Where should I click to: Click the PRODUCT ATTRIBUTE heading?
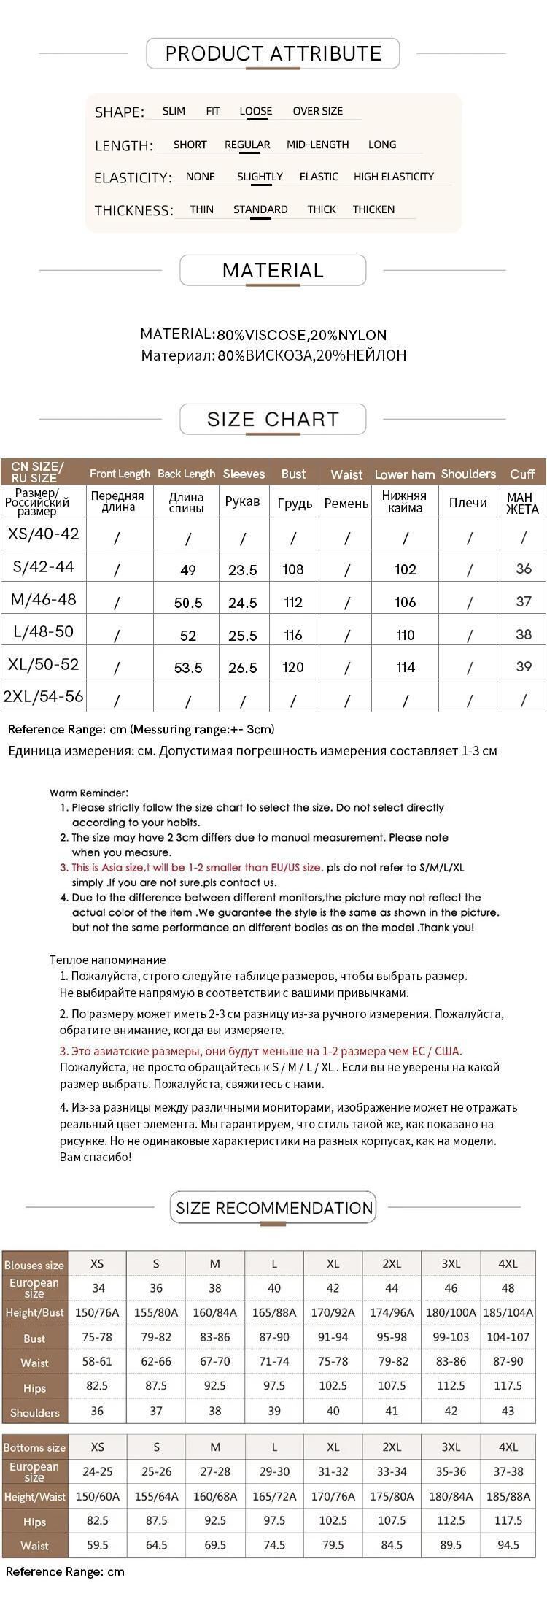pos(273,53)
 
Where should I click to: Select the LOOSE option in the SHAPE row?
pos(255,112)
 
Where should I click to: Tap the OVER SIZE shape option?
pos(317,112)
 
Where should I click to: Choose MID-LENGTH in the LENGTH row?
pos(317,145)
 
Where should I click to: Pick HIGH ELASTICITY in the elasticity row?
pos(393,177)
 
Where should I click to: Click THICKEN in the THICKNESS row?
pos(373,209)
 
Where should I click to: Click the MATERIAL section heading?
pos(273,271)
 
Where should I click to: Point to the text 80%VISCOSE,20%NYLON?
pos(301,335)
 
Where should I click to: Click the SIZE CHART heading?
pos(273,420)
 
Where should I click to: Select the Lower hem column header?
pos(405,474)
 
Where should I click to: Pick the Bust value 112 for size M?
pos(293,602)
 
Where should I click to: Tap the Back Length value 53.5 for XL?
pos(188,668)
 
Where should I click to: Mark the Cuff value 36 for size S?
pos(524,569)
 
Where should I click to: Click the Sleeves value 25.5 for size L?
pos(243,636)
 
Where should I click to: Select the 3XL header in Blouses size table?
pos(451,1263)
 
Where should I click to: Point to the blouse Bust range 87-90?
pos(274,1338)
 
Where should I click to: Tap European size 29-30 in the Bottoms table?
pos(274,1472)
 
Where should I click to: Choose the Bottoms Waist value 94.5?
pos(508,1545)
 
